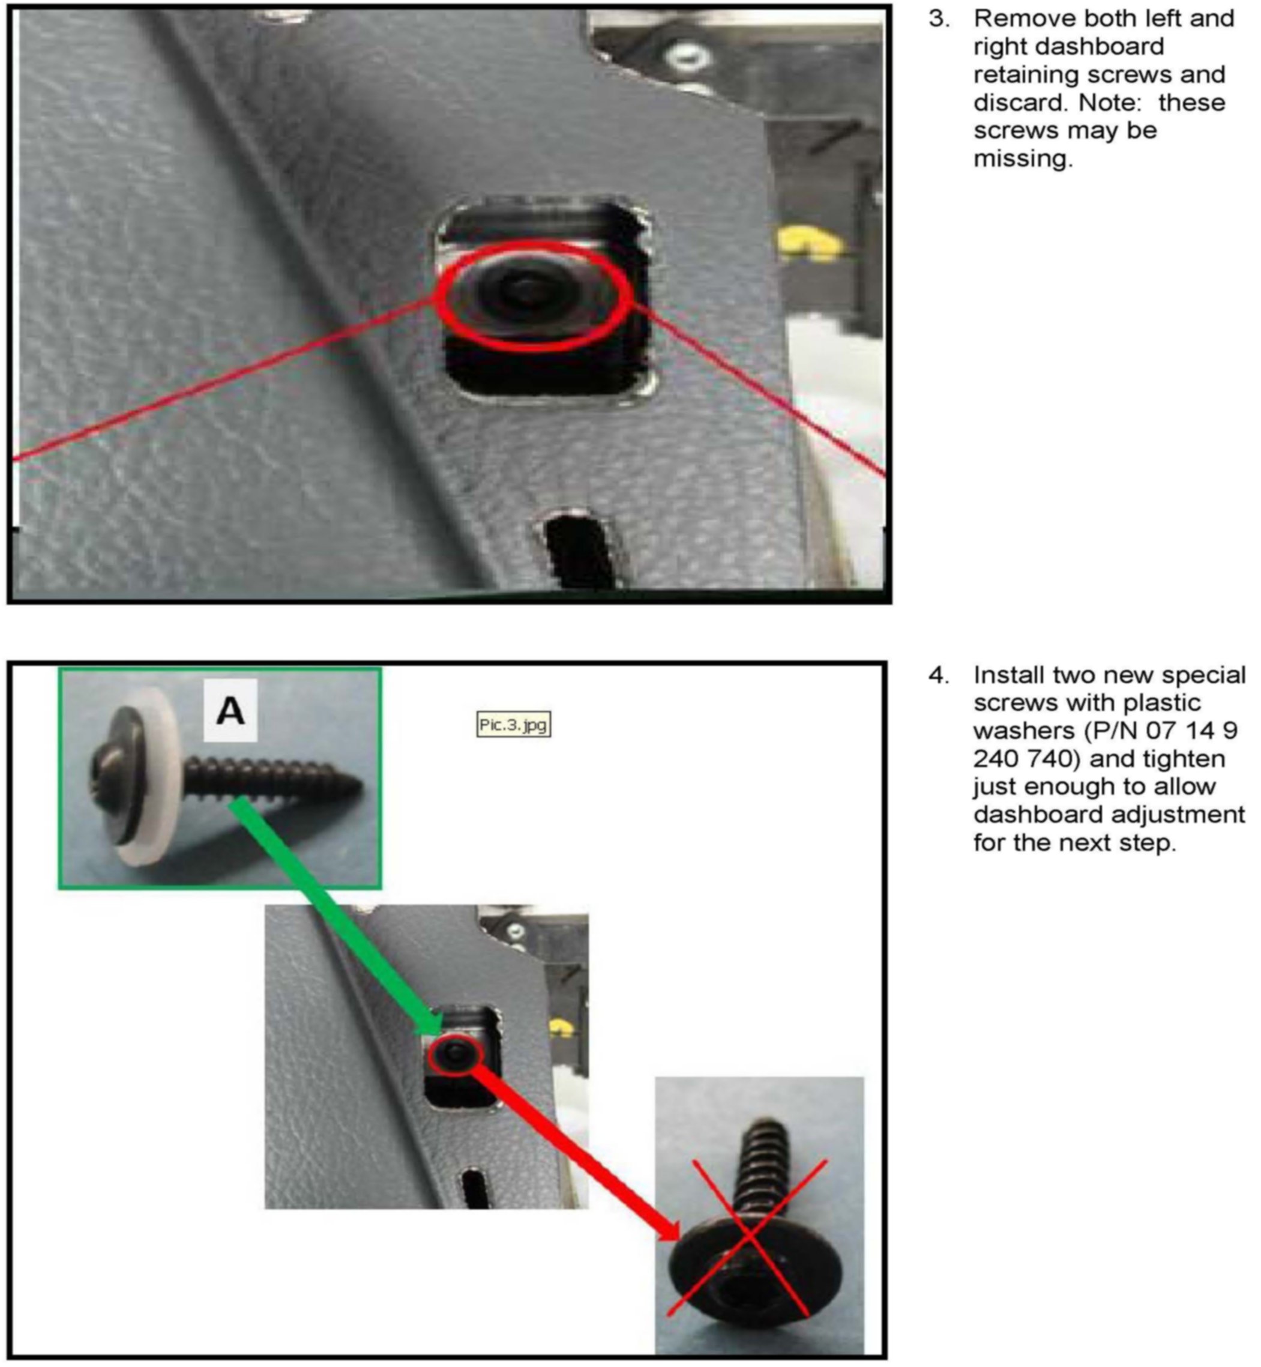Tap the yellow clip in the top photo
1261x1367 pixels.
pyautogui.click(x=809, y=243)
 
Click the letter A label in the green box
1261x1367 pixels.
pyautogui.click(x=230, y=712)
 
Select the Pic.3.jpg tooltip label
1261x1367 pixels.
pyautogui.click(x=513, y=725)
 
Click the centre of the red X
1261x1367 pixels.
pyautogui.click(x=749, y=1236)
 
